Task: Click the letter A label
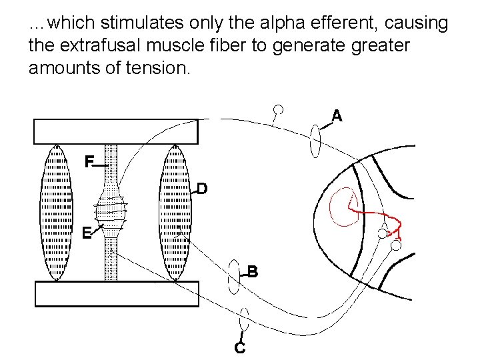[x=337, y=117]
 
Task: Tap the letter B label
[x=253, y=272]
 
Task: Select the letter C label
[x=240, y=347]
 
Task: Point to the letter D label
[x=201, y=189]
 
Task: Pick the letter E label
[x=86, y=233]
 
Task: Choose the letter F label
[x=89, y=161]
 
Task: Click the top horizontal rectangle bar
[x=116, y=131]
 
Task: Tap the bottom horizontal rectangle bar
[x=116, y=294]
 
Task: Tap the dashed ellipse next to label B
[x=234, y=276]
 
